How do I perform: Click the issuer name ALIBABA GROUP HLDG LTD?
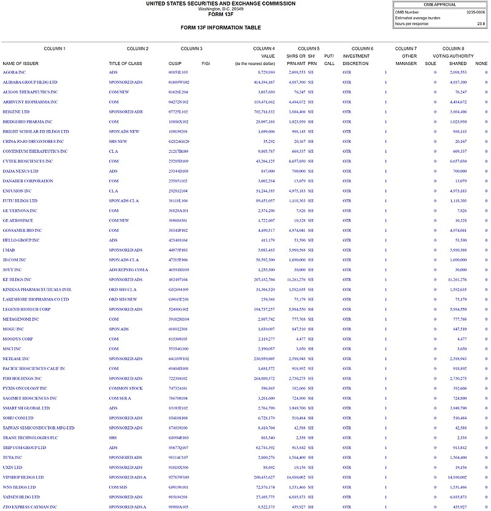tap(29, 82)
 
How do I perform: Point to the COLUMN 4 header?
tap(264, 48)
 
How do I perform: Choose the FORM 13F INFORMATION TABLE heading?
tap(220, 28)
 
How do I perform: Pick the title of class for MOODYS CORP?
tap(114, 339)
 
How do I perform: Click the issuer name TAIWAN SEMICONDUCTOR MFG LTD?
tap(38, 428)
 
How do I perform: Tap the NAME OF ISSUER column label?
tap(21, 63)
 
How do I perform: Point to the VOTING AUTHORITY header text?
tap(453, 56)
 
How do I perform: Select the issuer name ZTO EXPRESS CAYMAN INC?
tap(29, 507)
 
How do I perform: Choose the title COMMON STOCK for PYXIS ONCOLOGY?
tap(126, 388)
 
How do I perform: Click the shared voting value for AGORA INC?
tap(458, 72)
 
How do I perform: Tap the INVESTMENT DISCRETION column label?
tap(355, 60)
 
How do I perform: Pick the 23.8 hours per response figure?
tap(481, 24)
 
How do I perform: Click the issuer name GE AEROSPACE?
tap(18, 220)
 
